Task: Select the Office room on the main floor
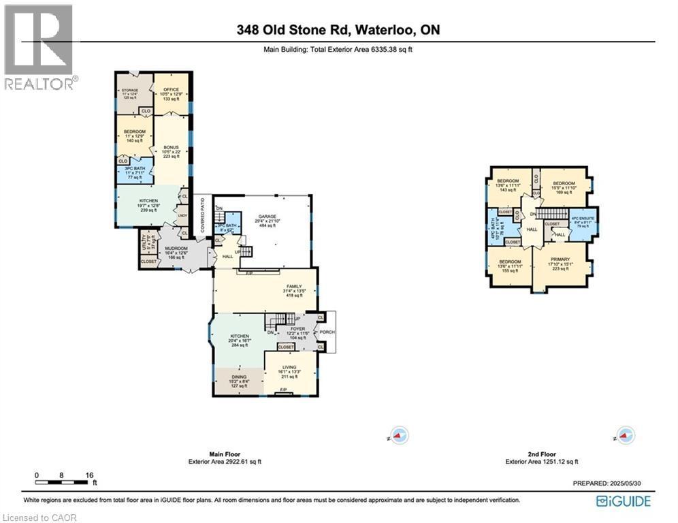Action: tap(165, 92)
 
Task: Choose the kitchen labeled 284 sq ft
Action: tap(239, 340)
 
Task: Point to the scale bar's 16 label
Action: tap(89, 475)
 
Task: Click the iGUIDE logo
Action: tap(623, 501)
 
